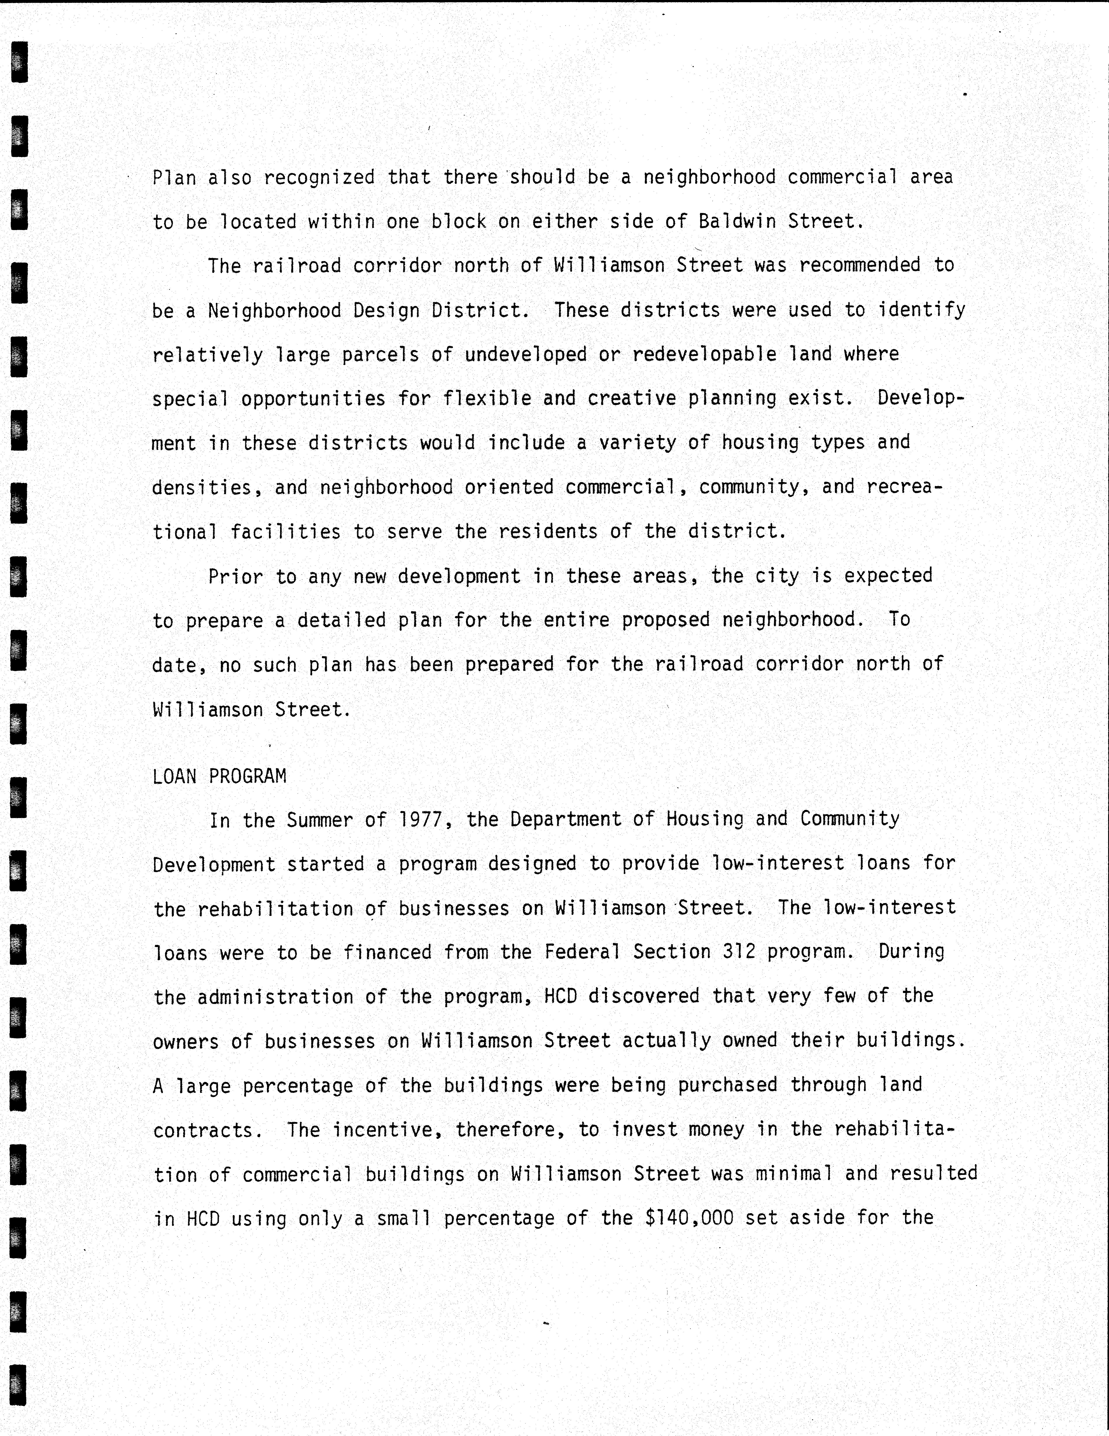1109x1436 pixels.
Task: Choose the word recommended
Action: (x=859, y=266)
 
